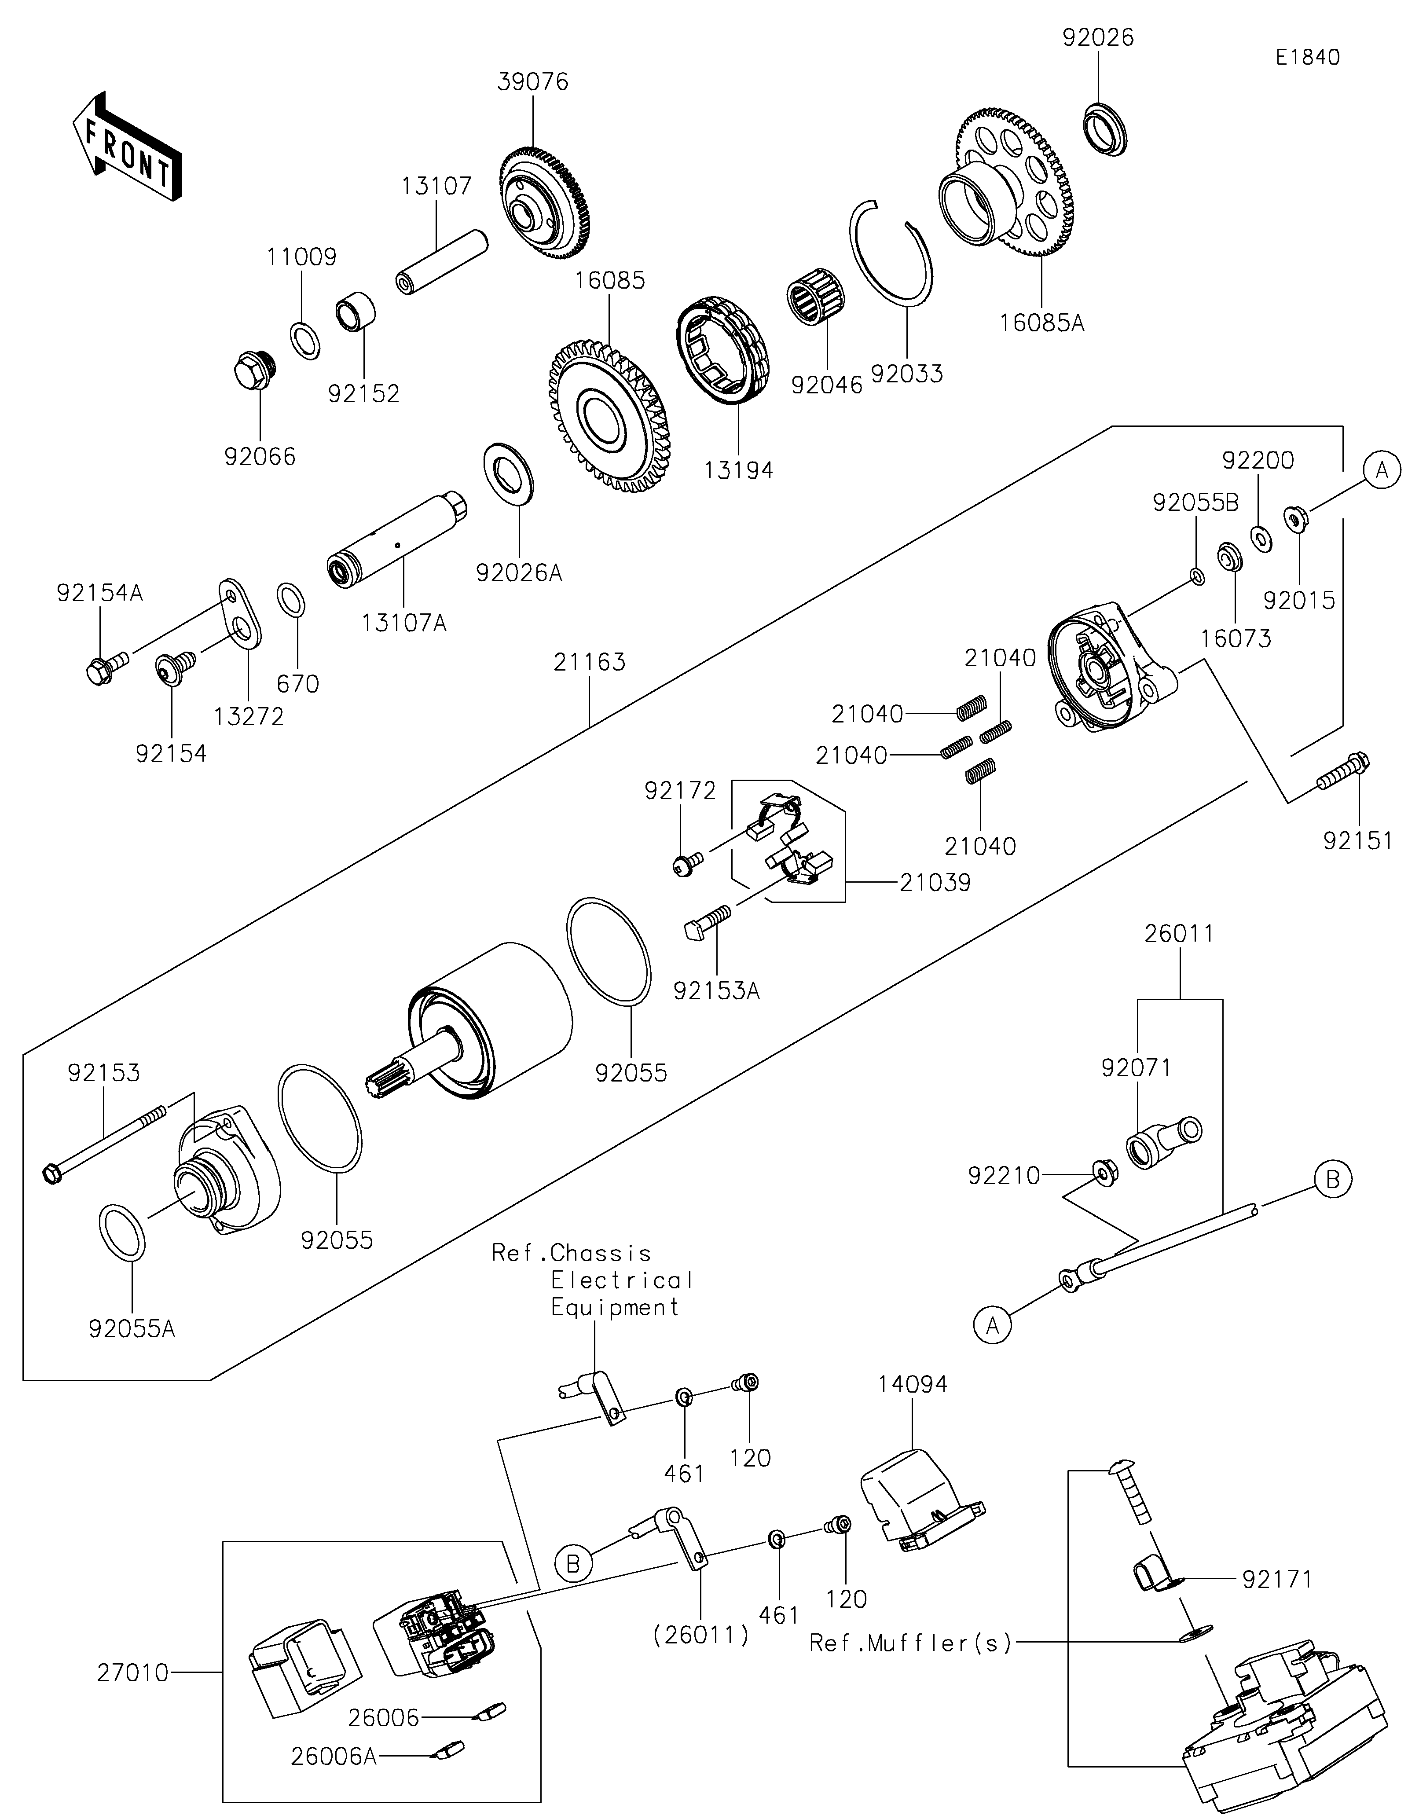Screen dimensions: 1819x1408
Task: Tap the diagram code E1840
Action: pos(1307,58)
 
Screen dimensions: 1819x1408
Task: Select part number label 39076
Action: pos(533,82)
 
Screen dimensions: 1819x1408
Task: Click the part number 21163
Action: pos(590,662)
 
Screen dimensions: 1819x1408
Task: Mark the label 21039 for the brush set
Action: pos(935,882)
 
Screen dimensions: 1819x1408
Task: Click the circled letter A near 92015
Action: pos(1381,471)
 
